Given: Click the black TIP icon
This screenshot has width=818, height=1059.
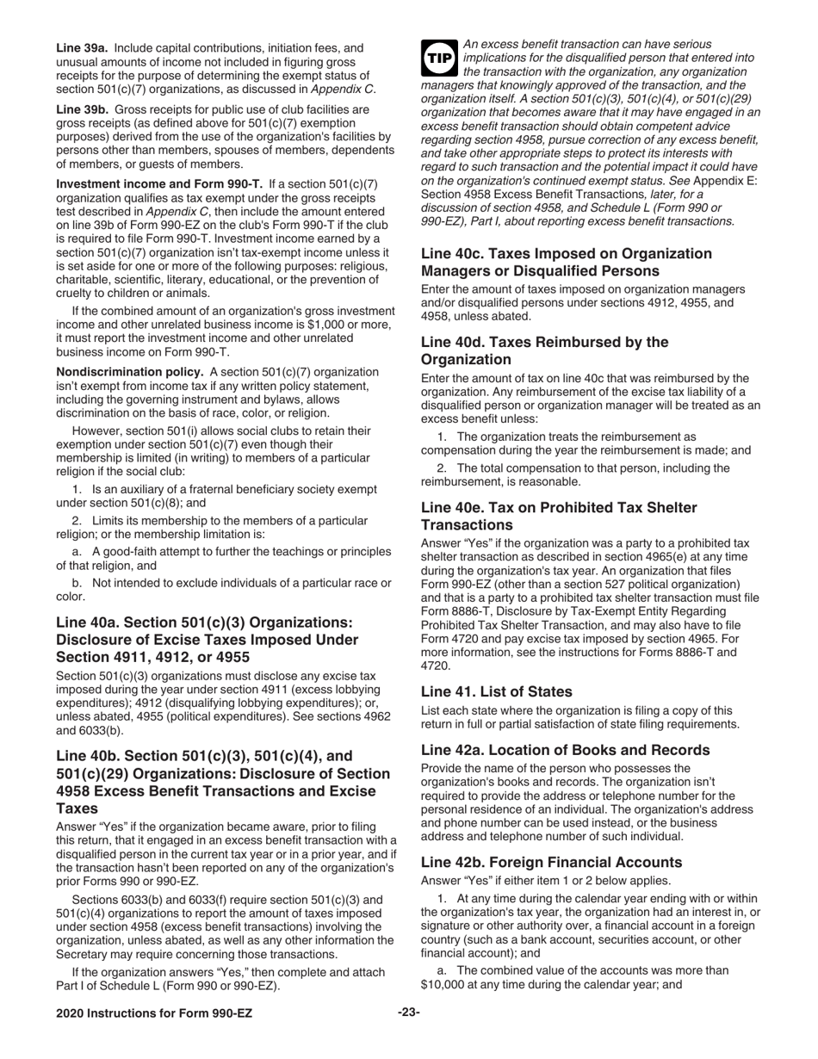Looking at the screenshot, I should pyautogui.click(x=439, y=57).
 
